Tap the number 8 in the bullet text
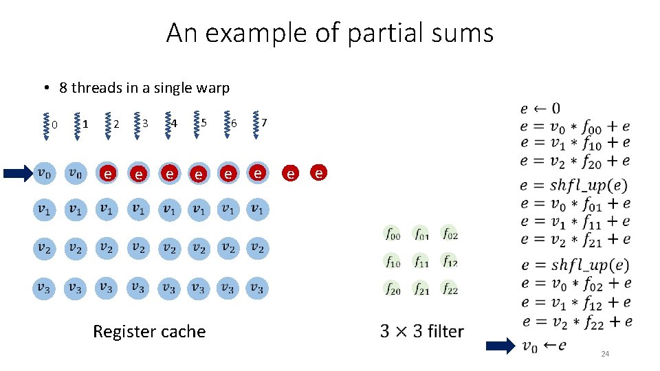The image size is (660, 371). (63, 88)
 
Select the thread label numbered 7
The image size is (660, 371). (265, 123)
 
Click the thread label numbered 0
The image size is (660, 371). (54, 124)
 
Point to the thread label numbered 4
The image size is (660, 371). (175, 124)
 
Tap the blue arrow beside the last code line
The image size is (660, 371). (500, 346)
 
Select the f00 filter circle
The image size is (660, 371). (392, 234)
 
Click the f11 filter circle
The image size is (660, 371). (421, 262)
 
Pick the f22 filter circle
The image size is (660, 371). (449, 289)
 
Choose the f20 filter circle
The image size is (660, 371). (392, 289)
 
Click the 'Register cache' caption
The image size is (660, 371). (149, 332)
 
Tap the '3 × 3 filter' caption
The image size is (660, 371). (421, 332)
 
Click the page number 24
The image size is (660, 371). (605, 354)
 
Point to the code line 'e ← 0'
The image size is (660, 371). (540, 108)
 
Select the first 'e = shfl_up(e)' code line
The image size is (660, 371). (575, 185)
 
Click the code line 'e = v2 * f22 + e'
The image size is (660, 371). (577, 321)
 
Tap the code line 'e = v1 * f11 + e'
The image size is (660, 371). (575, 221)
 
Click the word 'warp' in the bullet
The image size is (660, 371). (212, 88)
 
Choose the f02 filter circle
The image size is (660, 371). (449, 234)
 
